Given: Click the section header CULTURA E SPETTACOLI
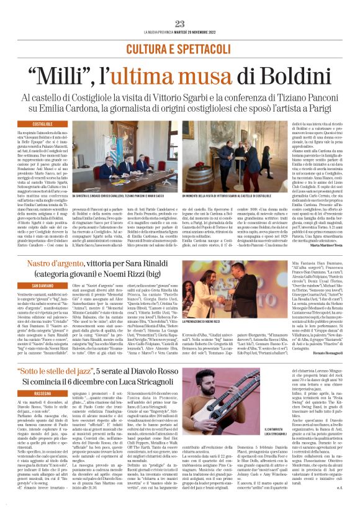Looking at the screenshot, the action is [180, 48].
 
